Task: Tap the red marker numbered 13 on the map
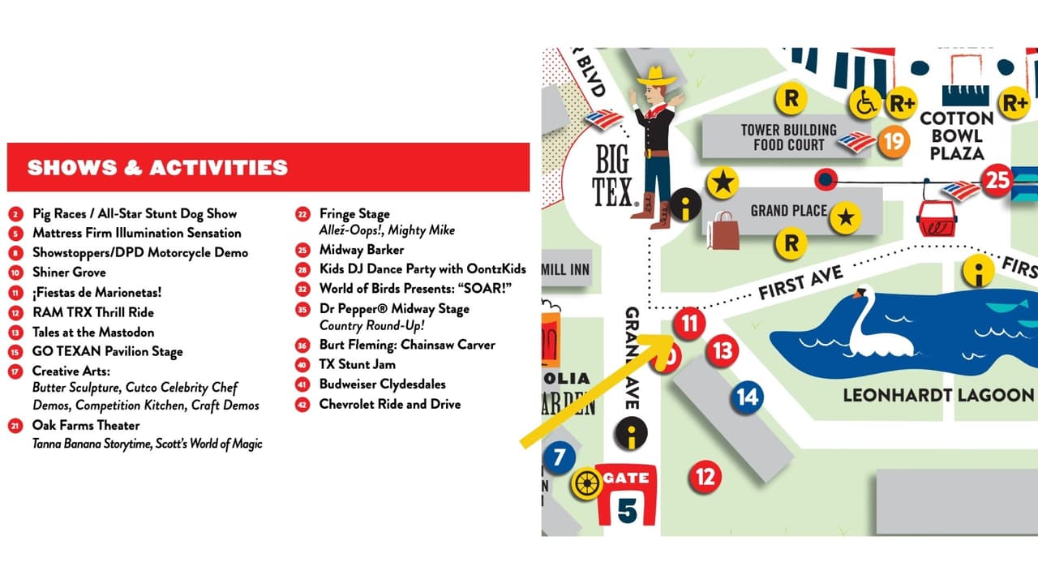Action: [722, 351]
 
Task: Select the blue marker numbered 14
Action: [747, 397]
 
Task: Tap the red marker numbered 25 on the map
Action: [997, 179]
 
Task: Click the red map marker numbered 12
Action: [706, 477]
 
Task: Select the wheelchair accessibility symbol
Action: [866, 103]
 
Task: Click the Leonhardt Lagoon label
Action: [938, 395]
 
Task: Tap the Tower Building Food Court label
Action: [788, 137]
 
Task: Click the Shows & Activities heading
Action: [157, 168]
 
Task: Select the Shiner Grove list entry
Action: [69, 273]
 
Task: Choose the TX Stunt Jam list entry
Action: [357, 364]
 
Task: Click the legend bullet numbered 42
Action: [302, 404]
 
